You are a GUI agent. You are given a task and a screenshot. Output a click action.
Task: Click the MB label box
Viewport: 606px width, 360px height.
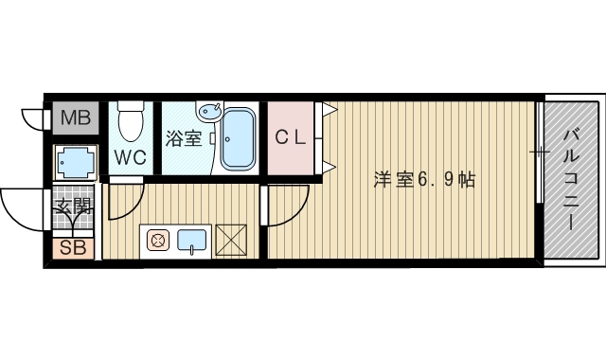pyautogui.click(x=72, y=119)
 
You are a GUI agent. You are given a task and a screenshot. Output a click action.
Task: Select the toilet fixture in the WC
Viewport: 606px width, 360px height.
pyautogui.click(x=130, y=120)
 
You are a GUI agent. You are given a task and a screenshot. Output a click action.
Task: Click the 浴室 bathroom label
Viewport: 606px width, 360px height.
pyautogui.click(x=183, y=139)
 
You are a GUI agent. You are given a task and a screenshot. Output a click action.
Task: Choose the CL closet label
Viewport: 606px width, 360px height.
pyautogui.click(x=291, y=138)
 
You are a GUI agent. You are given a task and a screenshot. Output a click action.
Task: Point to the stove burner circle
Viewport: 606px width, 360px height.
pyautogui.click(x=158, y=241)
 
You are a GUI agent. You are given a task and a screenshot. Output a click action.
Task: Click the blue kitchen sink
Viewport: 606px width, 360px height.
pyautogui.click(x=192, y=240)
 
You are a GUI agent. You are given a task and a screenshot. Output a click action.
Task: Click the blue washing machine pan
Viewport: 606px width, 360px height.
pyautogui.click(x=73, y=163)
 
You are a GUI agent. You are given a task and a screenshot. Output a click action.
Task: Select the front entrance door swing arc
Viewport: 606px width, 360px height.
pyautogui.click(x=21, y=204)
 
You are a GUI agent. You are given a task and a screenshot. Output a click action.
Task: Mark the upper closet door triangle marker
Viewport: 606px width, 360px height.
pyautogui.click(x=327, y=111)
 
